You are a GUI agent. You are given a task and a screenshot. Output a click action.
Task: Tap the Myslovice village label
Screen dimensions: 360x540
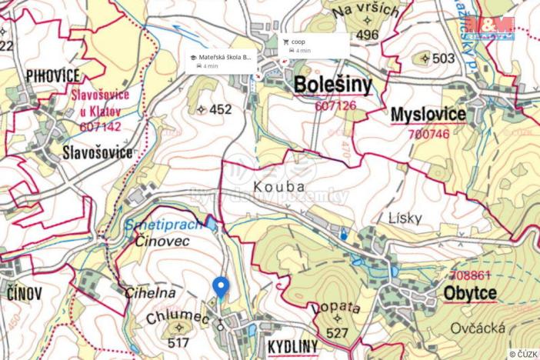[428, 115]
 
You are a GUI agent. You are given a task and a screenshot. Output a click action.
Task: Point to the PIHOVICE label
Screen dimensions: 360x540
[52, 75]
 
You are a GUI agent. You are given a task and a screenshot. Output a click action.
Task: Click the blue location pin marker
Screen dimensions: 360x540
[221, 287]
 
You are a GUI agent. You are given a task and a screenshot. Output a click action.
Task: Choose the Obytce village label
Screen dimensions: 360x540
[469, 293]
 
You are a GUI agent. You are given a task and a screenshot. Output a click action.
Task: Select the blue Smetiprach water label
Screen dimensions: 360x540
[162, 225]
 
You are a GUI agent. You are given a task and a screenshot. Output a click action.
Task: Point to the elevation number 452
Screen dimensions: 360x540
[219, 109]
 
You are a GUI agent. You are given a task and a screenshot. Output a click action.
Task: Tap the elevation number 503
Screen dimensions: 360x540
[444, 58]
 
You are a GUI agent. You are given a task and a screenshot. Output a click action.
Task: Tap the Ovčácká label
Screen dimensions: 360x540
[478, 328]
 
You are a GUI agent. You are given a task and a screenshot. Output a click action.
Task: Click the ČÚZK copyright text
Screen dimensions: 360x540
[522, 354]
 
